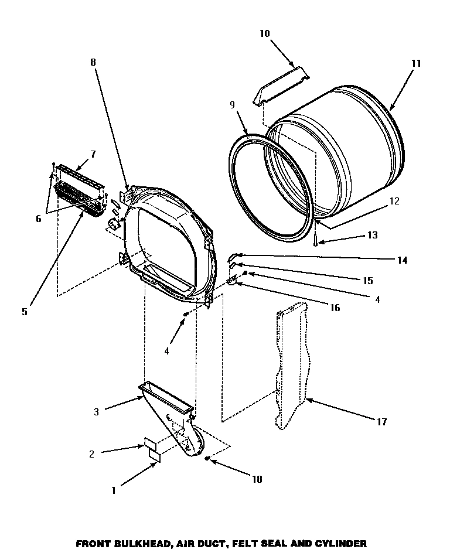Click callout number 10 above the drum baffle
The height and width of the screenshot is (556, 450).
pos(264,34)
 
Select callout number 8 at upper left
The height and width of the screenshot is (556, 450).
pos(93,62)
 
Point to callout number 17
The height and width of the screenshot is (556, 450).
pos(381,421)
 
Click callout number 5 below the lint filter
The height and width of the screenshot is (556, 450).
pos(25,312)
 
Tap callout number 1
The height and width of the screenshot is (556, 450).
pos(114,490)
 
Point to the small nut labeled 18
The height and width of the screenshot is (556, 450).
pos(208,458)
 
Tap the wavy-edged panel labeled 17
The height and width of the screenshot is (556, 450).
pos(291,363)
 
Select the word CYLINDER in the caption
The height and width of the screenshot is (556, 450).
pos(328,544)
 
